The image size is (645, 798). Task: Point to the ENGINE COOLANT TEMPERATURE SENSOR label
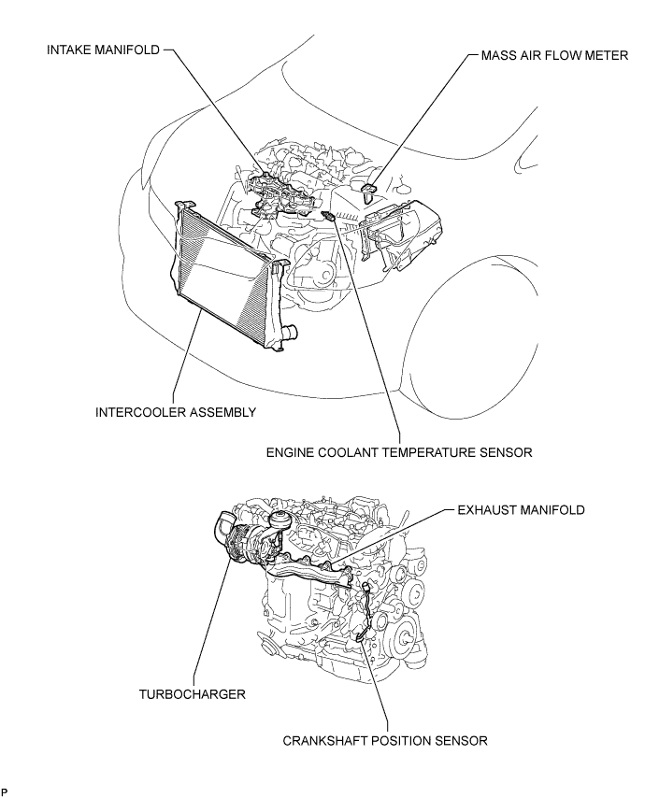point(399,453)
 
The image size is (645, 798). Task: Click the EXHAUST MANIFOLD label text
point(522,510)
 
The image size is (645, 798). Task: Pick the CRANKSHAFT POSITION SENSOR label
point(385,742)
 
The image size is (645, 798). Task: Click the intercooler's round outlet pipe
point(291,331)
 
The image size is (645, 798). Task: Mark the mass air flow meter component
point(370,192)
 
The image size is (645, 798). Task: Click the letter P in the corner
point(5,791)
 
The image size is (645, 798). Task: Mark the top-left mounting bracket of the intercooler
point(183,205)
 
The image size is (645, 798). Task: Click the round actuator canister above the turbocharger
point(279,517)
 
